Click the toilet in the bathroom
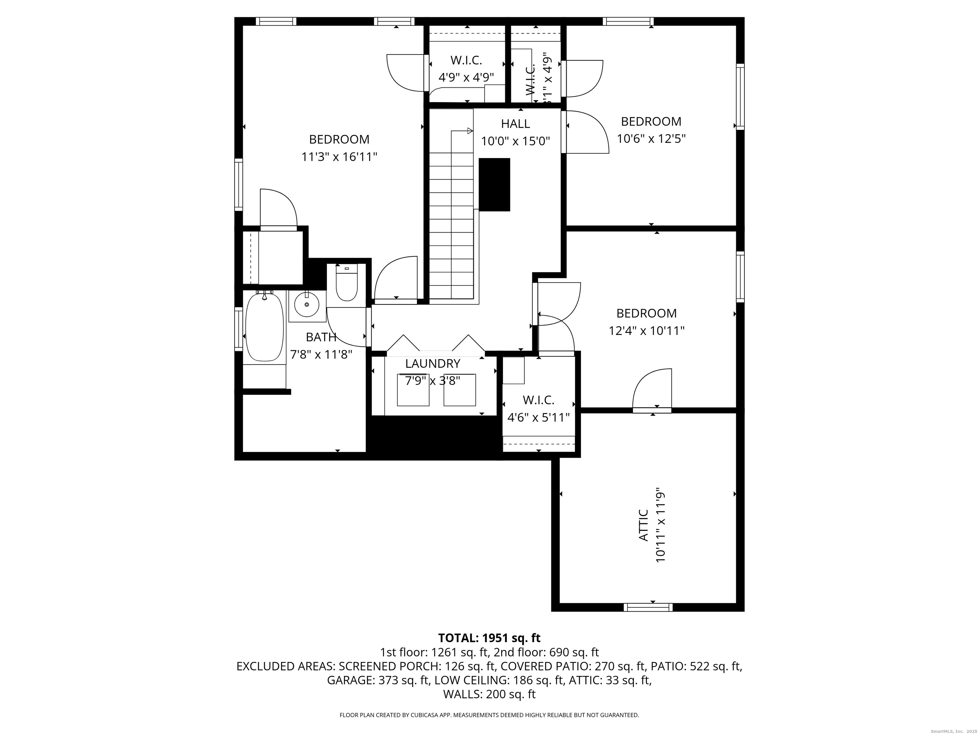point(346,286)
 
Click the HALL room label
point(515,123)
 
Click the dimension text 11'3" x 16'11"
point(339,157)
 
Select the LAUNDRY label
point(432,364)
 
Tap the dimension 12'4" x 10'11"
point(646,330)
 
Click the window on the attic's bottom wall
point(648,607)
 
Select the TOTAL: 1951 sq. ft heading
point(489,638)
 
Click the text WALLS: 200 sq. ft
point(489,694)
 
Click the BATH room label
point(321,337)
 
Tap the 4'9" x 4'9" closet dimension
point(466,78)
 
